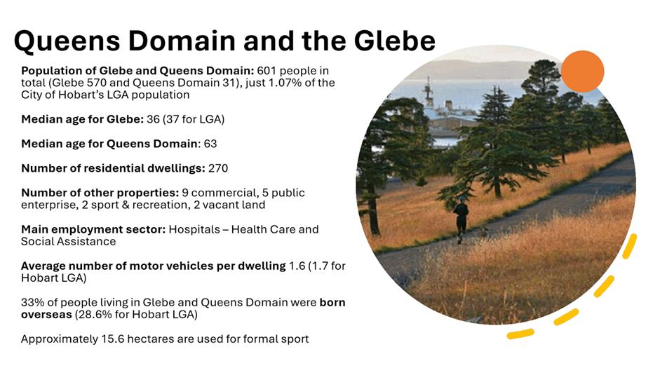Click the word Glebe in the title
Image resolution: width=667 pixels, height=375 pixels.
[394, 41]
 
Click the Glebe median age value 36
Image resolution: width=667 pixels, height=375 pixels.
[153, 119]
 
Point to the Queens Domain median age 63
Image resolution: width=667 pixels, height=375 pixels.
[210, 144]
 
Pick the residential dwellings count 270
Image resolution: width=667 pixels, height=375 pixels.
[218, 168]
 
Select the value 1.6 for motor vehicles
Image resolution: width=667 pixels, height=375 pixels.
[297, 266]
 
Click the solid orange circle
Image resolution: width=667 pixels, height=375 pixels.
[582, 71]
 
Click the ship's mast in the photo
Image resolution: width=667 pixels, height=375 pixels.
[429, 91]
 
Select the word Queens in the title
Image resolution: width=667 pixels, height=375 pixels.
[67, 41]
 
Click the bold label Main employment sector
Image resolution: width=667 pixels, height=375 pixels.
[93, 230]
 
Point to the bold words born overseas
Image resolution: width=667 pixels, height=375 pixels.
[183, 308]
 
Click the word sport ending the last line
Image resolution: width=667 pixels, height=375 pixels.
[295, 340]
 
